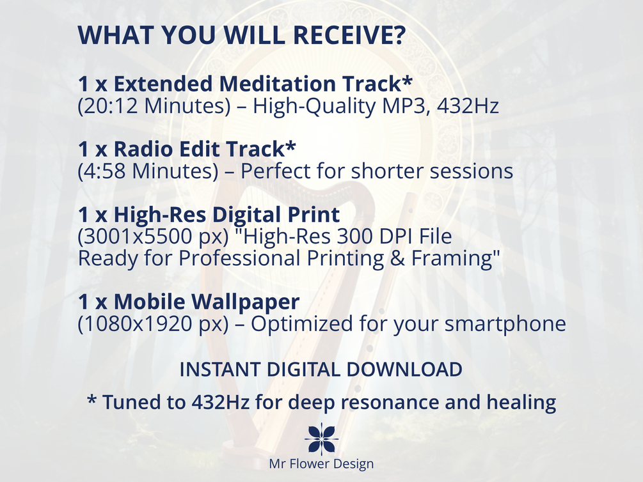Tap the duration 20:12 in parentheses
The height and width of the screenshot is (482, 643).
[x=110, y=105]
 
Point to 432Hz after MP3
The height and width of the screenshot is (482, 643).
[x=468, y=105]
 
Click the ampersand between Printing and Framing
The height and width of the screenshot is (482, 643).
[x=397, y=258]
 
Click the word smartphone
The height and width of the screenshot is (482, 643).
[x=505, y=323]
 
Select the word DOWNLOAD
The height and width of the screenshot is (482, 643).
[x=404, y=369]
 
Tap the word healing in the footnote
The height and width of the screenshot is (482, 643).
[x=521, y=401]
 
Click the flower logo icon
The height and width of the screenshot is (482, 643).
[x=321, y=439]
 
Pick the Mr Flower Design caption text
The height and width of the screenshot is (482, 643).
[x=321, y=463]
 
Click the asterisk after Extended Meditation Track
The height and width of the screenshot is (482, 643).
[x=407, y=80]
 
